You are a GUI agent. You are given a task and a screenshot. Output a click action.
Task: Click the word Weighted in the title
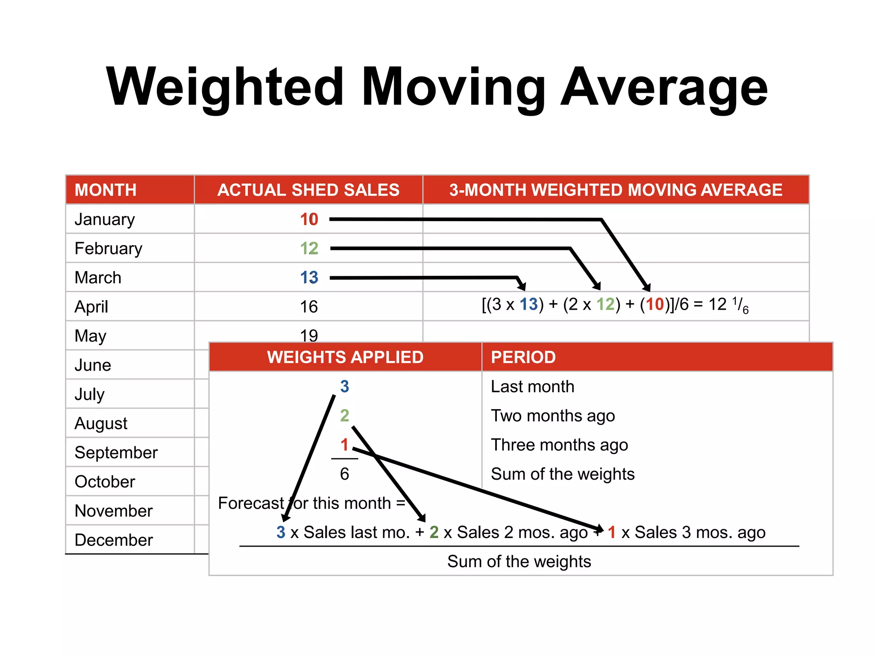pyautogui.click(x=225, y=88)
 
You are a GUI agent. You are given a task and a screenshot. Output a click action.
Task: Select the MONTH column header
pyautogui.click(x=106, y=190)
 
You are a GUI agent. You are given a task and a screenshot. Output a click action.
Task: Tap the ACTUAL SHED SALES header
pyautogui.click(x=308, y=190)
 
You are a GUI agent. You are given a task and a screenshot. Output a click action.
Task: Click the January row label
pyautogui.click(x=105, y=220)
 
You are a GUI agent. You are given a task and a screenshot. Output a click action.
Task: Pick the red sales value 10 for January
pyautogui.click(x=309, y=220)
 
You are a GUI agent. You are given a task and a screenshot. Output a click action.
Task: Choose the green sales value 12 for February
pyautogui.click(x=309, y=249)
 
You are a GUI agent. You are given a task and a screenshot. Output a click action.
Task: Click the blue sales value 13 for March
pyautogui.click(x=309, y=278)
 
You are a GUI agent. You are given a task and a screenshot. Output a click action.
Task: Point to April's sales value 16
pyautogui.click(x=309, y=307)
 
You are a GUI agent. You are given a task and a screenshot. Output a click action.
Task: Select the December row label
pyautogui.click(x=114, y=540)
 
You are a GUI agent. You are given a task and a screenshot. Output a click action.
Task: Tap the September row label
pyautogui.click(x=116, y=453)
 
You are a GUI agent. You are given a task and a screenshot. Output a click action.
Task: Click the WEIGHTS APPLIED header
pyautogui.click(x=345, y=357)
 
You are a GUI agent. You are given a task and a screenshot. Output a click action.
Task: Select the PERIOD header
pyautogui.click(x=523, y=357)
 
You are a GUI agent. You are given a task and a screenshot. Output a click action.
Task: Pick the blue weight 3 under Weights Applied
pyautogui.click(x=344, y=387)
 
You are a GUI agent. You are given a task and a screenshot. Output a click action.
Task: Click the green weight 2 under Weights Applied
pyautogui.click(x=344, y=416)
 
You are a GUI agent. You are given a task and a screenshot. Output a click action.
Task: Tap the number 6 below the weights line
pyautogui.click(x=344, y=474)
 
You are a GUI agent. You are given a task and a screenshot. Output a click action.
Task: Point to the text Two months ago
pyautogui.click(x=553, y=416)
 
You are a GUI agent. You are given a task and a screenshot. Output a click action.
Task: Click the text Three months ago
pyautogui.click(x=559, y=445)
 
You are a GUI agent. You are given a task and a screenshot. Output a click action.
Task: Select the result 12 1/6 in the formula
pyautogui.click(x=728, y=305)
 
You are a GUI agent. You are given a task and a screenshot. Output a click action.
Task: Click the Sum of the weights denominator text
pyautogui.click(x=519, y=562)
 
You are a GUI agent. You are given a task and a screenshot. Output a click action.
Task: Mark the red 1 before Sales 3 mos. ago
pyautogui.click(x=612, y=533)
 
